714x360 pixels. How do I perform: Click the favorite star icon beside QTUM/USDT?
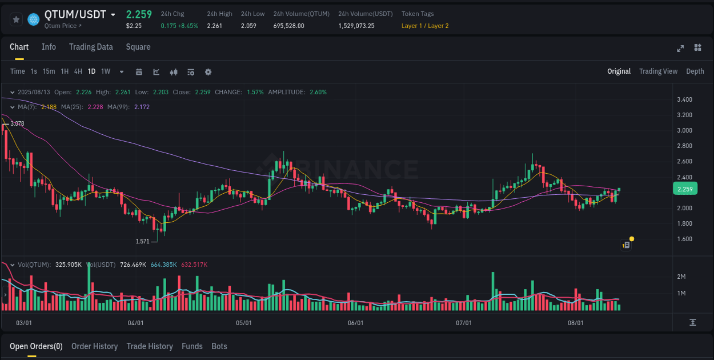16,19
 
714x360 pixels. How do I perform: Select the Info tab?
49,47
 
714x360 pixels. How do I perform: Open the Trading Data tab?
91,47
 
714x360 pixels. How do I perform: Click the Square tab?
138,47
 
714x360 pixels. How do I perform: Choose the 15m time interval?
49,71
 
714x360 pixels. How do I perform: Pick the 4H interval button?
78,71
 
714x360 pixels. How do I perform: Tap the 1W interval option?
106,71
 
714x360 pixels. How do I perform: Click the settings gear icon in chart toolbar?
208,72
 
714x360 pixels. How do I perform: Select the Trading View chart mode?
658,71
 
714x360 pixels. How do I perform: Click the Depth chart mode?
695,71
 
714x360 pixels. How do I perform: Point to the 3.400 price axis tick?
684,99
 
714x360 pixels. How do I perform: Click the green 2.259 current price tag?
684,189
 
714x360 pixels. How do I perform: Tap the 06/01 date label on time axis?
355,323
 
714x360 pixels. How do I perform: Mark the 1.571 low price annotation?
142,241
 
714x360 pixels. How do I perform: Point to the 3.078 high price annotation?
17,123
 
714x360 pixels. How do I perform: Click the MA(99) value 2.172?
142,107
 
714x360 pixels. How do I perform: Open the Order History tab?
94,346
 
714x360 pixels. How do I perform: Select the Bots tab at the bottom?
219,346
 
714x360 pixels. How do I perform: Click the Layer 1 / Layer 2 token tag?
425,26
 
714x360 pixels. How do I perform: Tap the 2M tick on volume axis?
681,277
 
